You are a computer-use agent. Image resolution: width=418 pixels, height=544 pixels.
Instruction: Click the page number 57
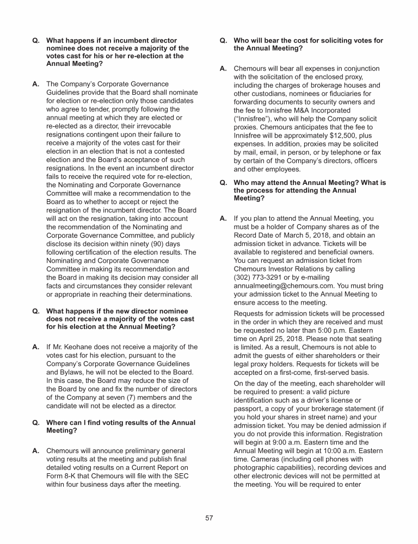pyautogui.click(x=209, y=518)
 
